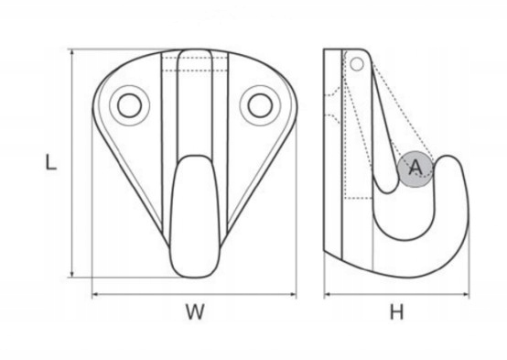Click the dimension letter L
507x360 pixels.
pos(50,162)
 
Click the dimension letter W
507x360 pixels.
pos(195,311)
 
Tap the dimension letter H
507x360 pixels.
pos(397,312)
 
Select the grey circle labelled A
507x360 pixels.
pos(415,169)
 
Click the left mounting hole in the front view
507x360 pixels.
pos(129,105)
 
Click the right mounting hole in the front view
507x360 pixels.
pos(260,105)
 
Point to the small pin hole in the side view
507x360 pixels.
pos(357,64)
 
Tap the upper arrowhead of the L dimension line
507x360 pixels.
pos(72,53)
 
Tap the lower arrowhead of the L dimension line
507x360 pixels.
pos(72,274)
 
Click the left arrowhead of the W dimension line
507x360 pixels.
pos(96,294)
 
